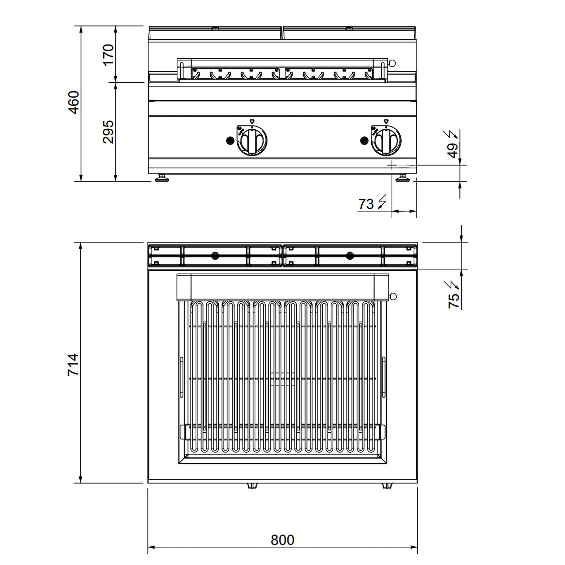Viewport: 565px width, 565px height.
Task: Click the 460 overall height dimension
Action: tap(74, 102)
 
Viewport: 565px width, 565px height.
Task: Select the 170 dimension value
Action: tap(108, 55)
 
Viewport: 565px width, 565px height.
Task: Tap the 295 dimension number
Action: tap(108, 132)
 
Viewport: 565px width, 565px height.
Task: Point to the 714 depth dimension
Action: tap(73, 365)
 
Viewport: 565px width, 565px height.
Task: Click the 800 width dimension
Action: tap(282, 540)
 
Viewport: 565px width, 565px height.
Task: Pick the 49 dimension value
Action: tap(453, 151)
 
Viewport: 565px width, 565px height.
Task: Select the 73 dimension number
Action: tap(366, 204)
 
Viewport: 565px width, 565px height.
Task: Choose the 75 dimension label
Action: tap(454, 301)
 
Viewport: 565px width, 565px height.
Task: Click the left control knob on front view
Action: tap(252, 140)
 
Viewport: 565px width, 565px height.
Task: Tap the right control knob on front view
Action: tap(386, 140)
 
